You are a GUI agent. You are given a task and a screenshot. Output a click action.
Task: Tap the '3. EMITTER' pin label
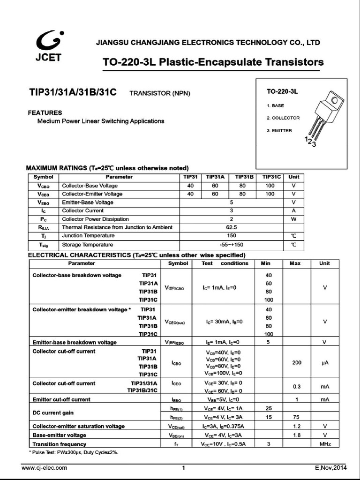tap(279, 130)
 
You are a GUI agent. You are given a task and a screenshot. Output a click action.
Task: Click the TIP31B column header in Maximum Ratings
tap(244, 177)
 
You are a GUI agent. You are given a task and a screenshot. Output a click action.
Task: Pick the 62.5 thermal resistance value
tap(231, 227)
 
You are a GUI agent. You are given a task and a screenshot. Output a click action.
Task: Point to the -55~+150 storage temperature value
tap(231, 245)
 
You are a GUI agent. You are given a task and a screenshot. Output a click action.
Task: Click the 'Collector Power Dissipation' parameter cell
tap(95, 219)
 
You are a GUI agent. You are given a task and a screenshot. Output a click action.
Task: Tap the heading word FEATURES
tap(45, 113)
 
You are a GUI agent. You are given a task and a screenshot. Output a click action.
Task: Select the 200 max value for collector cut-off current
tap(296, 363)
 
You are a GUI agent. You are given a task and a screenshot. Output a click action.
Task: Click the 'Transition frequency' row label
tap(59, 444)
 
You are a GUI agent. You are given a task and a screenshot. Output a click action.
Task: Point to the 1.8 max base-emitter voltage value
tap(296, 435)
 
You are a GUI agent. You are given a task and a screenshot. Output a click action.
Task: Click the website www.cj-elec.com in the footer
tap(45, 467)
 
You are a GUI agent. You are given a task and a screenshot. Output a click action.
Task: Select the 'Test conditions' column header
tap(225, 263)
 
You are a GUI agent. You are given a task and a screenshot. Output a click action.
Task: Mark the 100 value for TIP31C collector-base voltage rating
tap(270, 186)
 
